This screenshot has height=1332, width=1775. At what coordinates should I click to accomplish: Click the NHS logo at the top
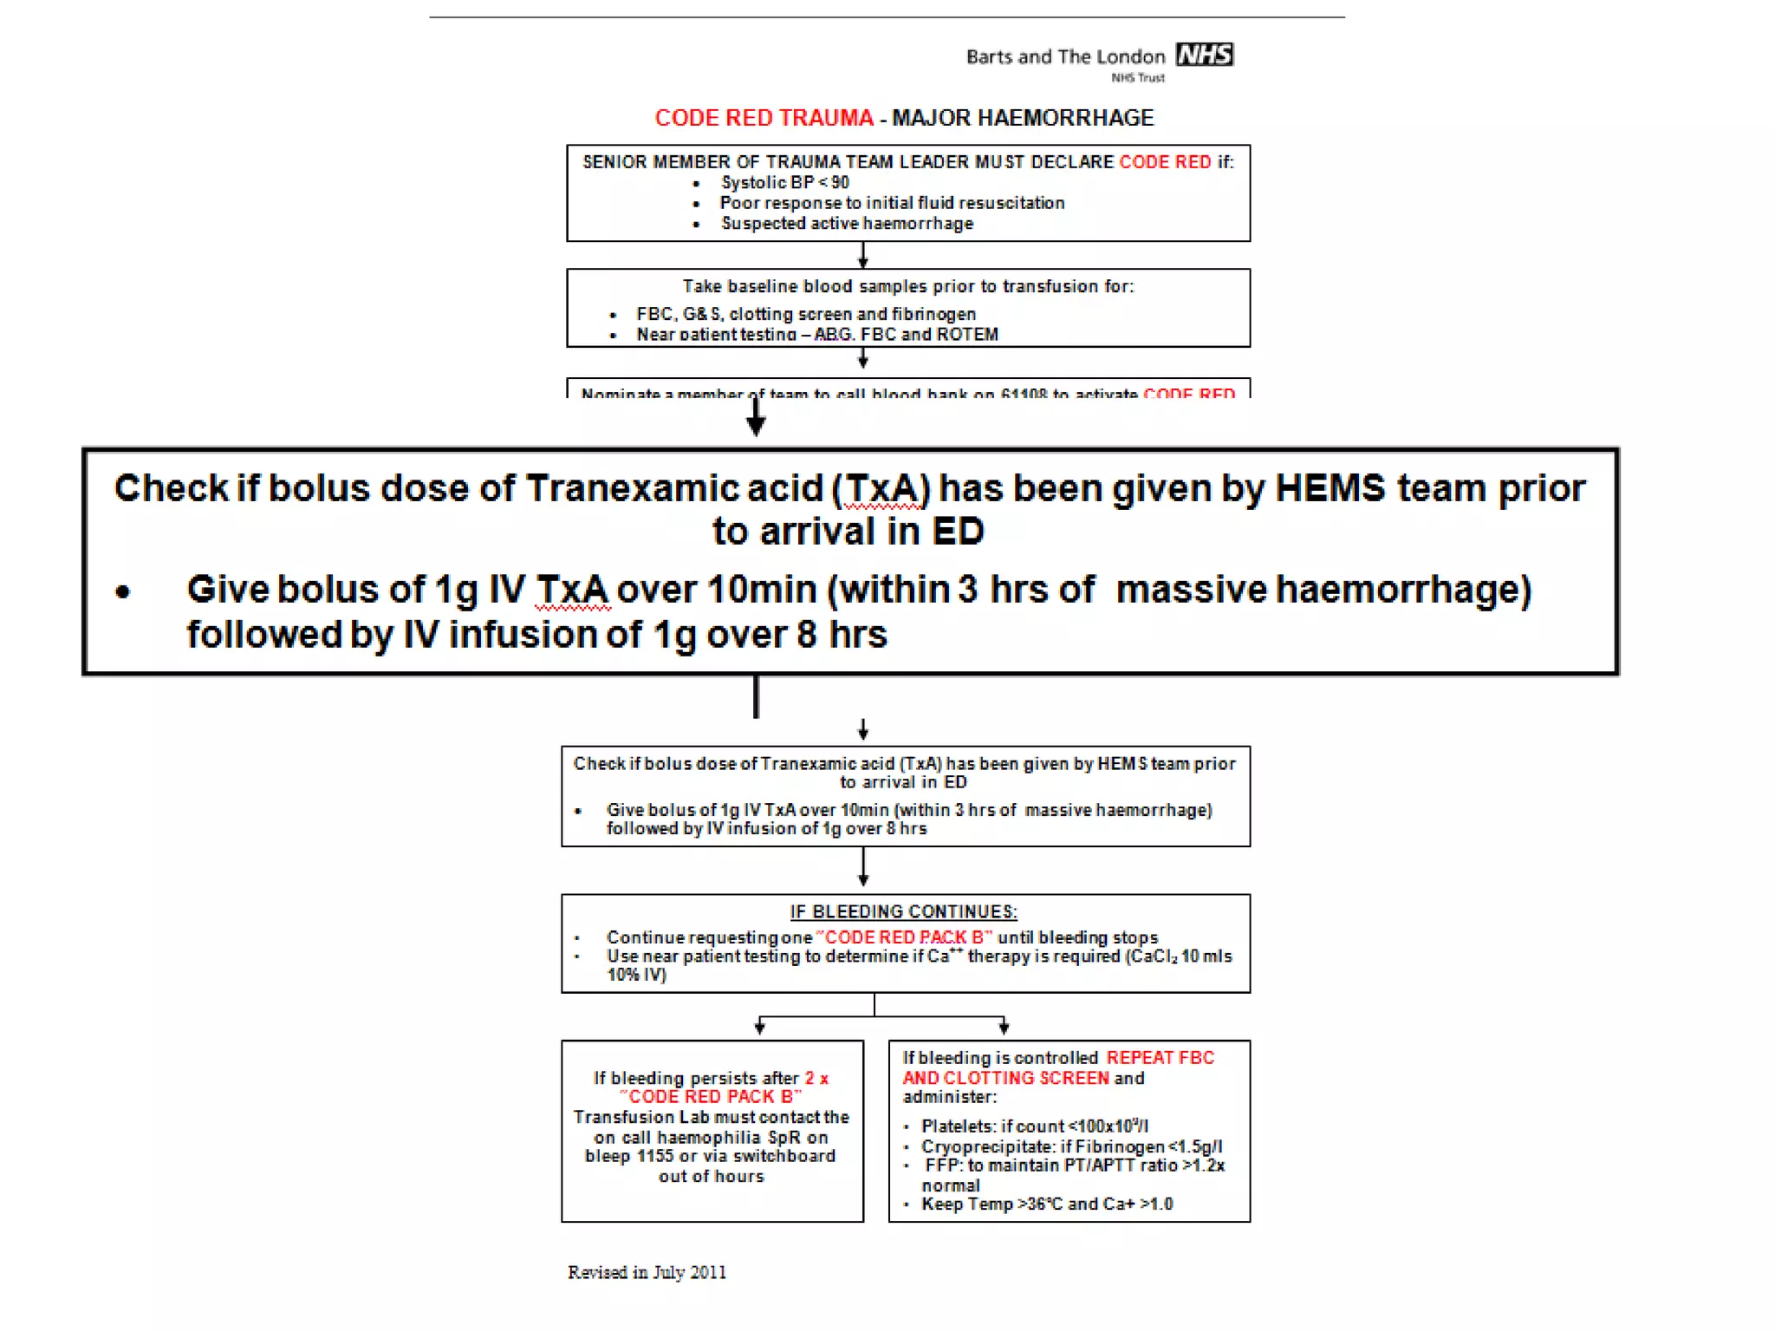1204,55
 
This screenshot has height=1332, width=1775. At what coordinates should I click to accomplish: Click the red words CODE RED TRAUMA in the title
764,118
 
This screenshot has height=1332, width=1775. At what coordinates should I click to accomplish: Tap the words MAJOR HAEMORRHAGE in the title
1023,118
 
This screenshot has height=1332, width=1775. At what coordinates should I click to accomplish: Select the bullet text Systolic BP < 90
784,183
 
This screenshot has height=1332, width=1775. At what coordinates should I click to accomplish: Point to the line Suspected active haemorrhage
847,224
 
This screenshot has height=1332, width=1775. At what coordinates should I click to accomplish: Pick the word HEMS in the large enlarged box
1330,488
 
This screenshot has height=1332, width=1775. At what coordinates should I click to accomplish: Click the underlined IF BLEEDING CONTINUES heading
903,912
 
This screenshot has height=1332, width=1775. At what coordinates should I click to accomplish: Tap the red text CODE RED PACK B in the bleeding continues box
904,937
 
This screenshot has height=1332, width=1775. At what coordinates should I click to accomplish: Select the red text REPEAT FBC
1160,1058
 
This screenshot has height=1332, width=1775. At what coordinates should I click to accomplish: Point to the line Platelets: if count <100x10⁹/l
1035,1126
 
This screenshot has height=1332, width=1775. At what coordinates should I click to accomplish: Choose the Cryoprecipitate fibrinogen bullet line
1071,1146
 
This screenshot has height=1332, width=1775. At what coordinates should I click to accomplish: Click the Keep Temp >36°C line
1046,1205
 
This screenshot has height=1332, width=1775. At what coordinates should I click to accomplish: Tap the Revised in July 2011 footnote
647,1272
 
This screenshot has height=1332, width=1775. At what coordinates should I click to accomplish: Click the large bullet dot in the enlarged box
123,592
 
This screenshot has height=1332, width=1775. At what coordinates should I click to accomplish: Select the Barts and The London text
1065,57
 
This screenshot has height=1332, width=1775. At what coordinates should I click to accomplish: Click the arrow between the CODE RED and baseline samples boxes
862,256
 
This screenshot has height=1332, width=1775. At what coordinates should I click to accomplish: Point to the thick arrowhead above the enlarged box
756,423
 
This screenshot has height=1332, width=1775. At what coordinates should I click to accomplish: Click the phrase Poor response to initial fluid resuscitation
892,203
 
